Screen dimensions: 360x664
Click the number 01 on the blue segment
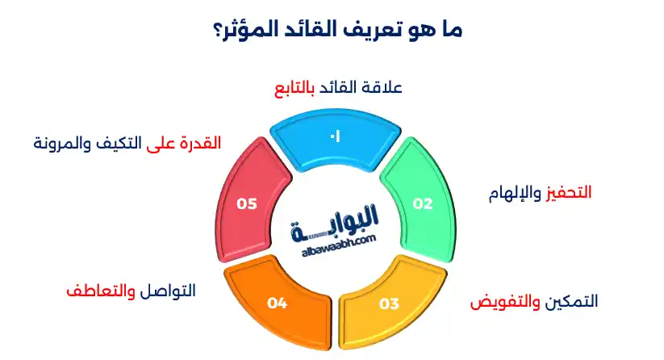tap(334, 137)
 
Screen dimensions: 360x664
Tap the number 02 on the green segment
tap(423, 204)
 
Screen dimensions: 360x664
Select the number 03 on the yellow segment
tap(390, 303)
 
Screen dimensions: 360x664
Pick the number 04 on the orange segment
tap(278, 303)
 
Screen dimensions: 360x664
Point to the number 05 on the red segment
tap(246, 204)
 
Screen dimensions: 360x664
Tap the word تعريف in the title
tap(384, 31)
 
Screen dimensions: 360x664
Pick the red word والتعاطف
tap(100, 291)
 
